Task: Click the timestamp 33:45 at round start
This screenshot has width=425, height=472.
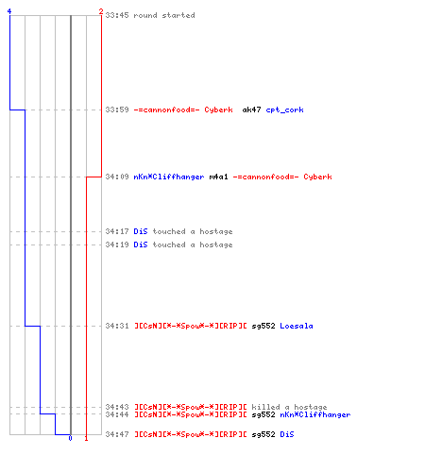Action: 117,15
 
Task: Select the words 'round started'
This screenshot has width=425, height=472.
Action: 164,15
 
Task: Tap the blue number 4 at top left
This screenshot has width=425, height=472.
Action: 9,11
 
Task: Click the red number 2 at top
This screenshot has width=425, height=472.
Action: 101,11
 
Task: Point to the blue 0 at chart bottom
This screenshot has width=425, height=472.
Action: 70,438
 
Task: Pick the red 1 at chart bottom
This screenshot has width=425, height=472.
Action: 86,438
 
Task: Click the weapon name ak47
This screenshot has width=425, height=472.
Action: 251,110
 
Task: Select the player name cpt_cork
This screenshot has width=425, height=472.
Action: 284,110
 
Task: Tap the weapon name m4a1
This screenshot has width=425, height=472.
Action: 218,177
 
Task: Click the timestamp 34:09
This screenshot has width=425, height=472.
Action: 117,177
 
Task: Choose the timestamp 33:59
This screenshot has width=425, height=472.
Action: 117,110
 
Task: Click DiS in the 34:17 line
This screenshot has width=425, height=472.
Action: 141,231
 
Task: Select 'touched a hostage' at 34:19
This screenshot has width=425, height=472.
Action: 193,244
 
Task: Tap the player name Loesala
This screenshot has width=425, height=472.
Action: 297,326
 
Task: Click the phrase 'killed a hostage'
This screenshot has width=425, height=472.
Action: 289,407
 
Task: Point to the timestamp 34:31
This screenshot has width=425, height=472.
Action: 117,326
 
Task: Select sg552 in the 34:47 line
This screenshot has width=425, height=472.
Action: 263,434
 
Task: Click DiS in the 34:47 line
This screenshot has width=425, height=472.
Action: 287,434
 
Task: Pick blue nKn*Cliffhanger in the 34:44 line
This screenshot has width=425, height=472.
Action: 315,414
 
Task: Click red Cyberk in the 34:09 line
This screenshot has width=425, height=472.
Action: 317,177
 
